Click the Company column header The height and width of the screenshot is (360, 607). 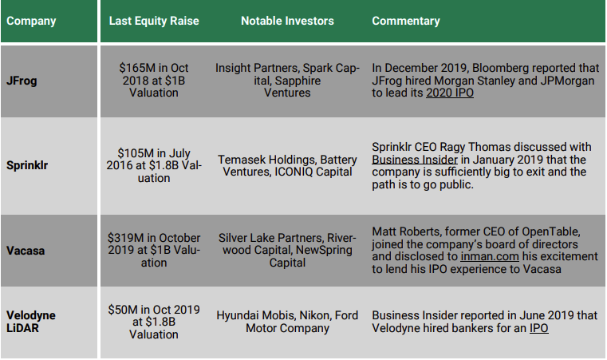[x=31, y=21]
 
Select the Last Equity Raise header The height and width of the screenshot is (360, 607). [x=154, y=21]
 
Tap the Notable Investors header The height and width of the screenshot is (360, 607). [x=287, y=21]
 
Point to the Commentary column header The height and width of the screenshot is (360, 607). [x=406, y=21]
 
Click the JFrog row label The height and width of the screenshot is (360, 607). [x=22, y=81]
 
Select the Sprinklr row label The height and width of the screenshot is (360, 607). [x=27, y=165]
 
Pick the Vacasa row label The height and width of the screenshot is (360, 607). [x=26, y=251]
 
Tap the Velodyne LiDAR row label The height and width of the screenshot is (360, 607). [x=31, y=322]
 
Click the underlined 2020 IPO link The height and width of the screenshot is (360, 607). [x=450, y=93]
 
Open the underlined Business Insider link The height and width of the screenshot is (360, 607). [x=415, y=160]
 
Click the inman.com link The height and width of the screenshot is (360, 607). [x=490, y=256]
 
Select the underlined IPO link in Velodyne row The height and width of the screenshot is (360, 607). [x=539, y=328]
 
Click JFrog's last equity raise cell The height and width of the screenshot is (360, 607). [x=154, y=80]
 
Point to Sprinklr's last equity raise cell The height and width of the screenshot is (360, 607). [x=154, y=165]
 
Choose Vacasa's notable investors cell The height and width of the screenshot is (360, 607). [x=287, y=250]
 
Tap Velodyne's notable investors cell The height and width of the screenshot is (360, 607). [x=287, y=322]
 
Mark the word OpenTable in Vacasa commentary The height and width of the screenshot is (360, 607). [x=551, y=231]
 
